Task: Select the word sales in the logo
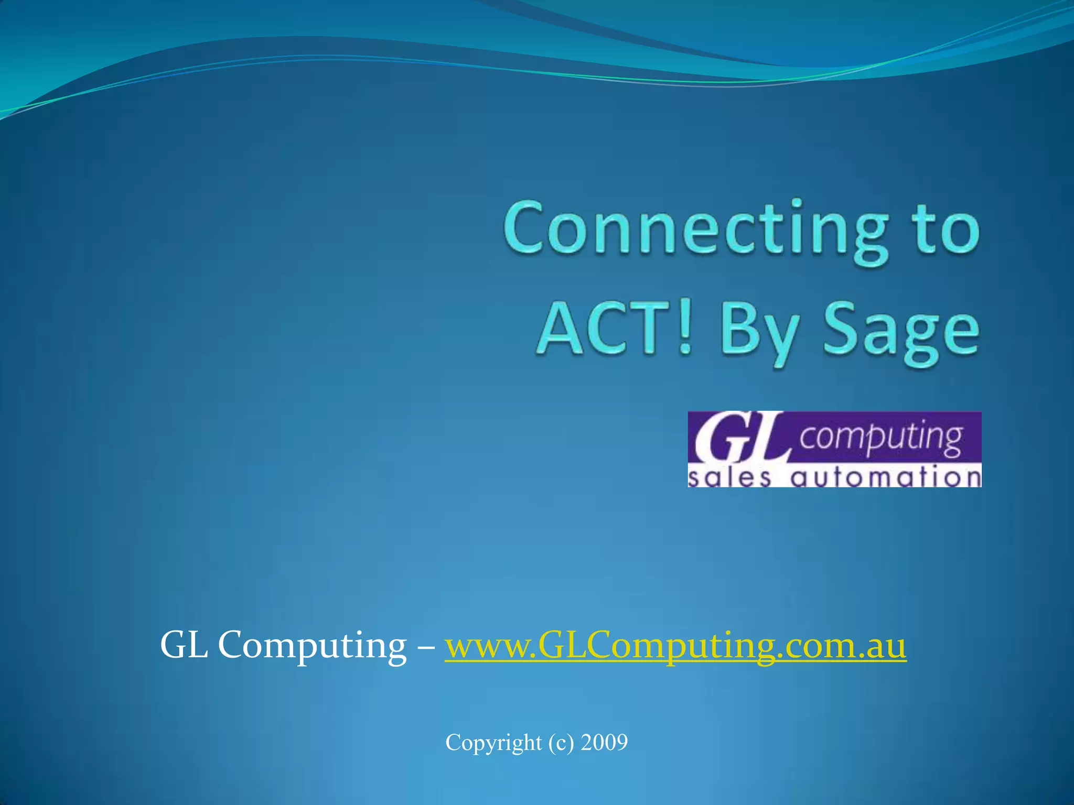coord(729,477)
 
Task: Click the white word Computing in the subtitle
coord(312,646)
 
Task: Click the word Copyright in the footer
coord(493,743)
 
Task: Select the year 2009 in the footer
coord(604,743)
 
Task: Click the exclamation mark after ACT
coord(684,330)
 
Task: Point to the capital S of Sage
coord(842,330)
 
